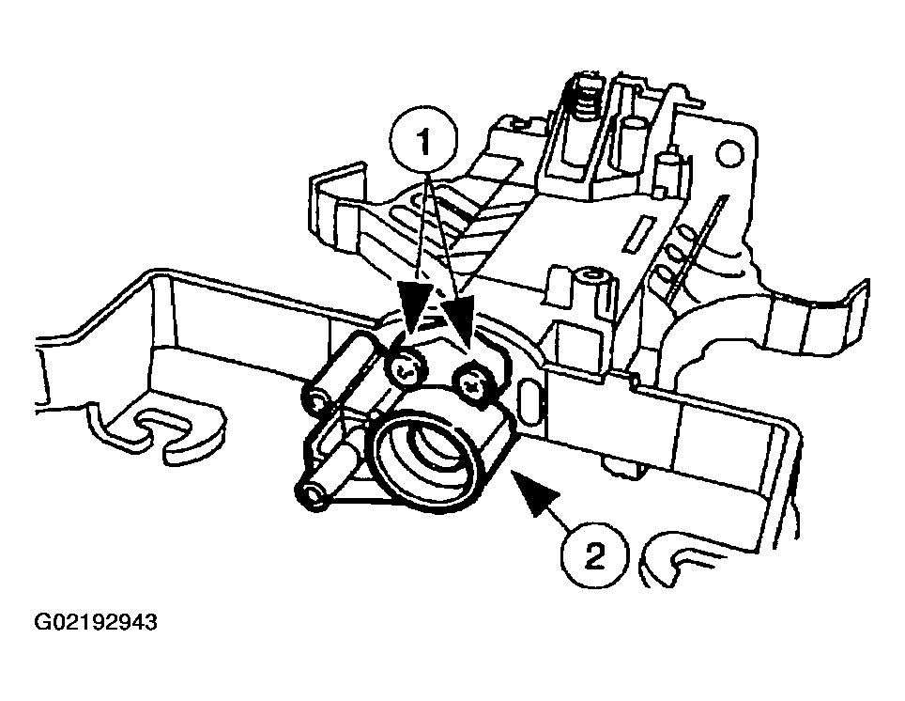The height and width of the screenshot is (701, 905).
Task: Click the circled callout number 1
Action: (423, 140)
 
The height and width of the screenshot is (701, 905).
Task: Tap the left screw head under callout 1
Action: (406, 369)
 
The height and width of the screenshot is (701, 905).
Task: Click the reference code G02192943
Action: (96, 622)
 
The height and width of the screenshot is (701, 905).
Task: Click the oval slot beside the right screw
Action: (529, 400)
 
